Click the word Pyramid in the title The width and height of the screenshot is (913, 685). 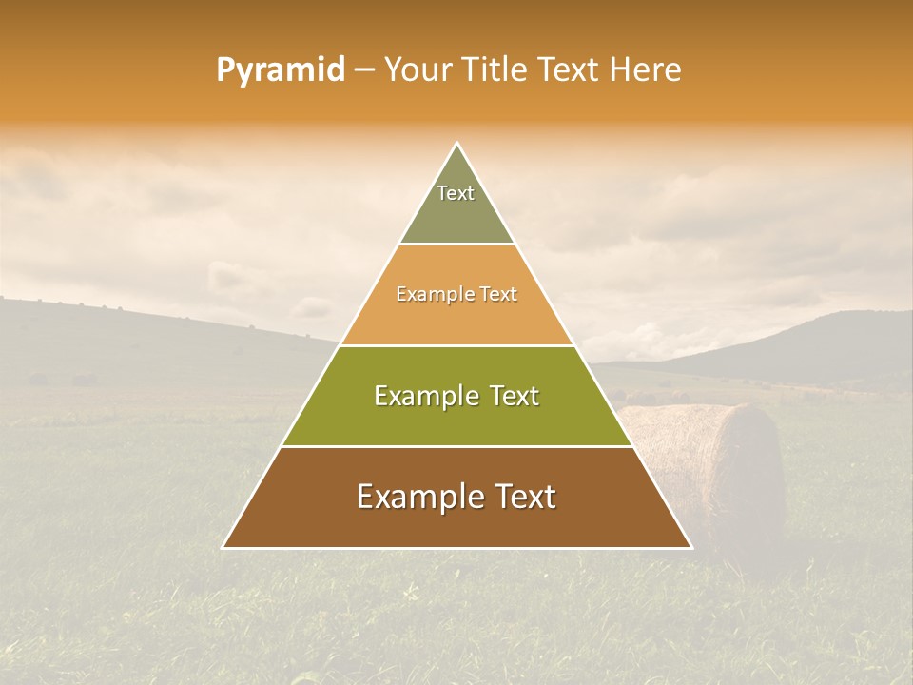click(x=280, y=70)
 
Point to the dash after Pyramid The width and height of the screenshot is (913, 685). click(x=363, y=70)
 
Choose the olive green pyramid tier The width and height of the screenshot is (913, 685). click(x=456, y=419)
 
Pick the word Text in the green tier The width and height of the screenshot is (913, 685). click(x=509, y=396)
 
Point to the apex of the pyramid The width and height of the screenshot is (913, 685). click(x=456, y=145)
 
